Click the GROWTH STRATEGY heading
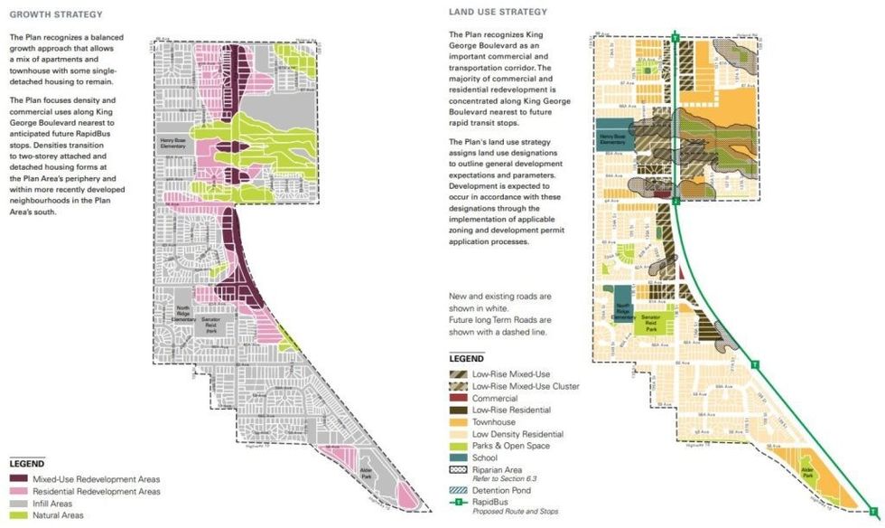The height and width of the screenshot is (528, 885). tap(55, 14)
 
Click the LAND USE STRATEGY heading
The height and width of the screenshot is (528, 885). tap(498, 12)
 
